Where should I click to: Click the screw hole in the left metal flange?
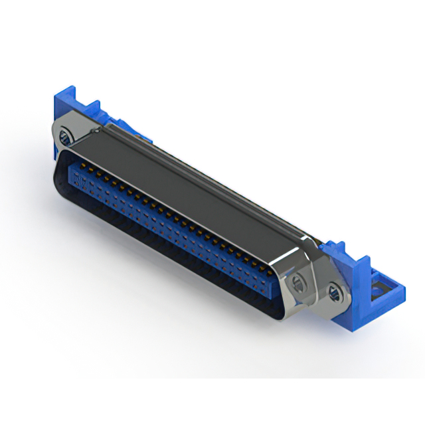tap(64, 138)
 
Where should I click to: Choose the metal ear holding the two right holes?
tap(312, 282)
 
